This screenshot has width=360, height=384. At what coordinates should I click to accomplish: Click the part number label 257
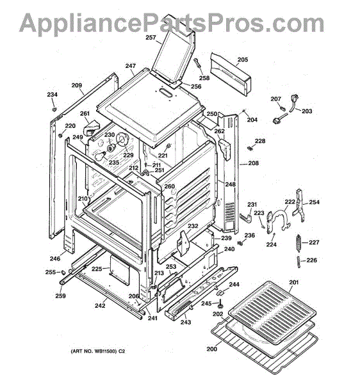151,38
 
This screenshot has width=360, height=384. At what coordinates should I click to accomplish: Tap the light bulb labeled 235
100,157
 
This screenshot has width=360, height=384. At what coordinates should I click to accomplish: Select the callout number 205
243,60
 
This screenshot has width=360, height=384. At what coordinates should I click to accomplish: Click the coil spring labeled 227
299,243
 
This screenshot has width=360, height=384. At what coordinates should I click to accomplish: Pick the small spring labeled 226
299,262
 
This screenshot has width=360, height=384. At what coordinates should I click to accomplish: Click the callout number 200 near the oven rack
212,349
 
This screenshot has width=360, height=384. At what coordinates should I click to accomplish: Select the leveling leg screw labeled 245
221,305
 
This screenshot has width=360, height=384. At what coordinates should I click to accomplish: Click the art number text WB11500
106,351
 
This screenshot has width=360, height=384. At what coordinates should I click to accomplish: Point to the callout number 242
100,306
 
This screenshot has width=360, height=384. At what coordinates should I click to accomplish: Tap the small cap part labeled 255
63,272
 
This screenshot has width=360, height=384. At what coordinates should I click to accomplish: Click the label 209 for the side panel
77,86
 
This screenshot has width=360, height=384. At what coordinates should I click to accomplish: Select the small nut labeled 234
54,108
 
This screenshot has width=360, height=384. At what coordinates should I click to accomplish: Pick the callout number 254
314,202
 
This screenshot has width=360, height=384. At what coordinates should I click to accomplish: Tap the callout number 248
231,184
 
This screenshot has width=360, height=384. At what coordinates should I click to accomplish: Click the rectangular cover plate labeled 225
119,270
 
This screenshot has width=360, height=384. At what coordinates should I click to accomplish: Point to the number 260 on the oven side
169,187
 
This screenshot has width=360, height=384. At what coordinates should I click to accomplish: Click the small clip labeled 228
250,148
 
